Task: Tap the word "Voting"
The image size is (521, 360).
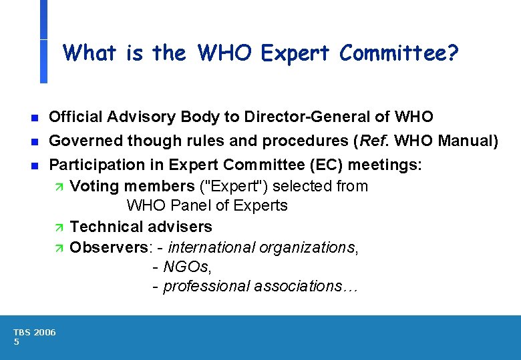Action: [92, 186]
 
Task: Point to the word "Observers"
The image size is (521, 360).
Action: [110, 247]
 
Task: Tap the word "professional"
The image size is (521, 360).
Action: [205, 286]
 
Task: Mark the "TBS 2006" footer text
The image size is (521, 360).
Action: [35, 332]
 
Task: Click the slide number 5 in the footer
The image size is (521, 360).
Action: [16, 341]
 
